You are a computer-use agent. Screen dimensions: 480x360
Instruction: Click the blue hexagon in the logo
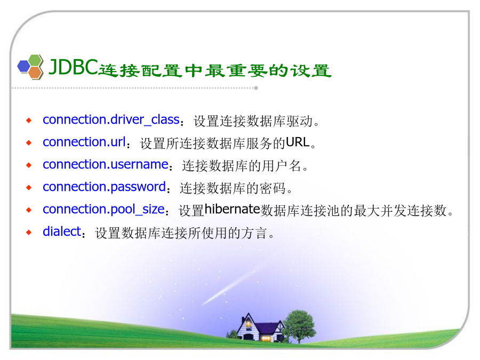pos(24,66)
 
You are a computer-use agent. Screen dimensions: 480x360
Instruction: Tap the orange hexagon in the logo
pos(35,73)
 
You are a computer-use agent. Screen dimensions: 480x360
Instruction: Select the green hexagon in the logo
pos(35,60)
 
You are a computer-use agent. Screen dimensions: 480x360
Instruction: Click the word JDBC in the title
pos(73,67)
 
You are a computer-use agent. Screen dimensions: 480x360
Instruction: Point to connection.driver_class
pos(111,119)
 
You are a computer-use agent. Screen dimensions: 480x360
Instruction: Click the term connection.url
pos(84,142)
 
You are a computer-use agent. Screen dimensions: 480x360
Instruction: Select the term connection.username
pos(106,164)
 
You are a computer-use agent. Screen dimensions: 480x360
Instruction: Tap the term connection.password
pos(105,187)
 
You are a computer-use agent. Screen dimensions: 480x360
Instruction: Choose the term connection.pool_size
pos(104,210)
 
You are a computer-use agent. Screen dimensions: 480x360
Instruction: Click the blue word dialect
pos(62,231)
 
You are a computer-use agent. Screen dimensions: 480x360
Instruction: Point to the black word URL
pos(298,142)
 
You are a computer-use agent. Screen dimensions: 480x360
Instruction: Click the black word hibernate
pos(232,209)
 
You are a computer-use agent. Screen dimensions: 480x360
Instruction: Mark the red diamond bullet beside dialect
pos(29,233)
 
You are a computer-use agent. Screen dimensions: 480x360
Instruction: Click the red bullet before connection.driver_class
pos(29,121)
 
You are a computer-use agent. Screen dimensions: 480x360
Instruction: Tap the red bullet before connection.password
pos(29,188)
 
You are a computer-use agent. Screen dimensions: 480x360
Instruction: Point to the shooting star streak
pos(228,288)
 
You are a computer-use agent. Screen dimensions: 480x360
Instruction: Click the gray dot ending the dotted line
pos(256,88)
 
